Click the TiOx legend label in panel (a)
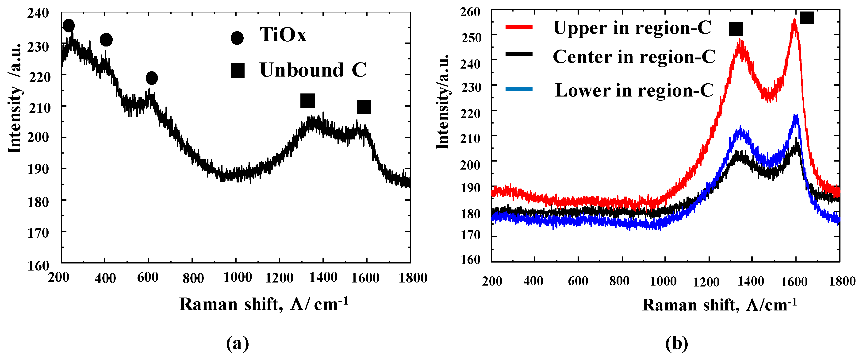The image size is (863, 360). point(283,35)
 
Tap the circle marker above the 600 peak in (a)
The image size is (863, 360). point(152,78)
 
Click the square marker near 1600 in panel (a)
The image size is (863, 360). point(364,107)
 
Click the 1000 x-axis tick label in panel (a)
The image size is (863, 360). point(238,278)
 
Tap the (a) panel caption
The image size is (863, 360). point(238,344)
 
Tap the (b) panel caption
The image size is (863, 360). point(676,344)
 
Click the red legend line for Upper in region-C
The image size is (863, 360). point(519,27)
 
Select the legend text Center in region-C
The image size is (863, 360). point(634,57)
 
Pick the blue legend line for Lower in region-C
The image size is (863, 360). point(519,89)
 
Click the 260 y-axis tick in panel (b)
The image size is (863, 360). point(470,12)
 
